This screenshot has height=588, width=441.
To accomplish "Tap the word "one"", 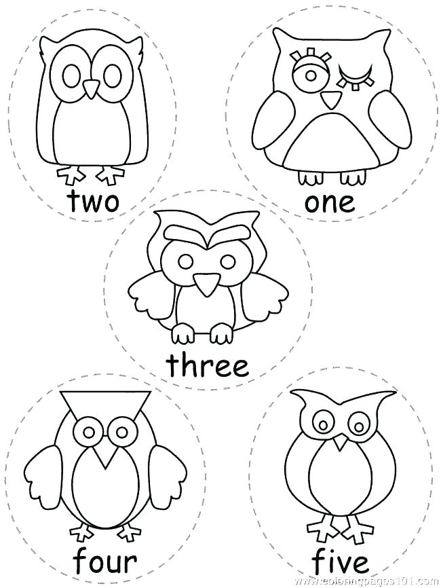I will pyautogui.click(x=329, y=202).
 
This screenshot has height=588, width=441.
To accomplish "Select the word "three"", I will pyautogui.click(x=208, y=365).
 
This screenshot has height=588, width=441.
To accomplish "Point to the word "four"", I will pyautogui.click(x=97, y=562).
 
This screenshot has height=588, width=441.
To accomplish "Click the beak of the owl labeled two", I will pyautogui.click(x=90, y=87).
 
